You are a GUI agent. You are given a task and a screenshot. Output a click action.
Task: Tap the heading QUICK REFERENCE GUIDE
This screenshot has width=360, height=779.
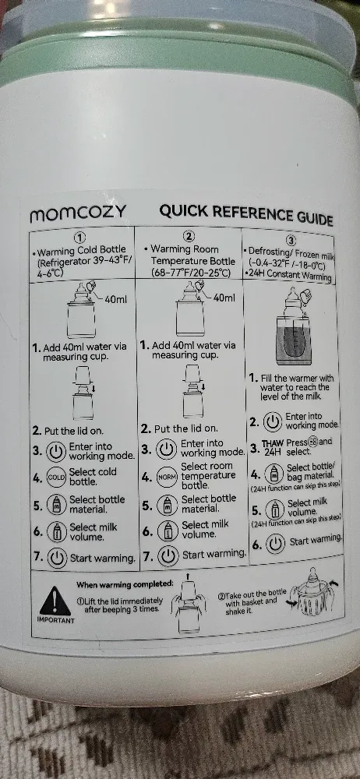click(246, 213)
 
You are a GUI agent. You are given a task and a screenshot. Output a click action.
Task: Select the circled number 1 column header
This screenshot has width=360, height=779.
click(80, 237)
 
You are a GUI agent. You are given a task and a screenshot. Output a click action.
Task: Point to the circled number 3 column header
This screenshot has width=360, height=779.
click(291, 240)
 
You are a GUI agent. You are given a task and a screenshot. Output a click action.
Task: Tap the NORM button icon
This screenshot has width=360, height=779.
click(166, 477)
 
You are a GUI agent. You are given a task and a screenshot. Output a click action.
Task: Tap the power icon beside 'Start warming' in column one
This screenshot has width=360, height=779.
click(57, 558)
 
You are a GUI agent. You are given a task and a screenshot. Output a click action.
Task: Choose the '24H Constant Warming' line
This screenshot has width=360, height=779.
click(288, 276)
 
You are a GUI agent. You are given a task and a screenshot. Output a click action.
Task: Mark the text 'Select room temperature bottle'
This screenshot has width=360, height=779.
click(207, 475)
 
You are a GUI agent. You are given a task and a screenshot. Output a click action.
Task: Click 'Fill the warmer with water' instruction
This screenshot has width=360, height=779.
click(296, 386)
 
